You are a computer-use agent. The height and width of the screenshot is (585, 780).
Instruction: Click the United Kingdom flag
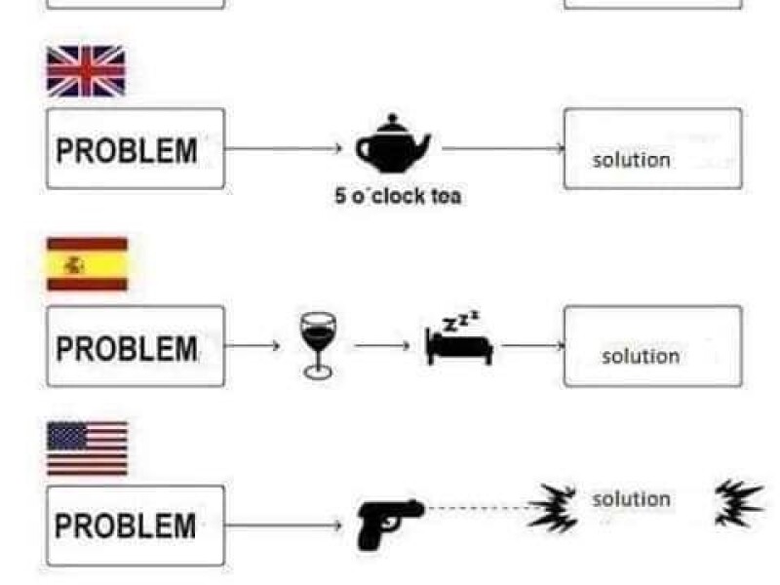pos(86,71)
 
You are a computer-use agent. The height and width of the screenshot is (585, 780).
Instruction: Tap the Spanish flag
pos(87,264)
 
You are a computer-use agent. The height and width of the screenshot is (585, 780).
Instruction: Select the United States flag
pos(87,448)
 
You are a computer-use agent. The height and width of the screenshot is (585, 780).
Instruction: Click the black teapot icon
pos(393,142)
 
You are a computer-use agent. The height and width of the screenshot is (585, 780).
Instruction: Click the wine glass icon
pos(316,344)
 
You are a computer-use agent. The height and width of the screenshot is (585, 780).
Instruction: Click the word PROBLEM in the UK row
pos(127,151)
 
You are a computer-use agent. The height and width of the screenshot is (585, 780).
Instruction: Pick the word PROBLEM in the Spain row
pos(127,348)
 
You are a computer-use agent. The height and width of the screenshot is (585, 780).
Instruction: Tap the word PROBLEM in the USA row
pos(126,526)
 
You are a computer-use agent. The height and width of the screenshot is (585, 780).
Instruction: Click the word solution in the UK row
pos(632,160)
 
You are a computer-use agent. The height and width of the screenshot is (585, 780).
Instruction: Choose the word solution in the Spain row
pos(641,356)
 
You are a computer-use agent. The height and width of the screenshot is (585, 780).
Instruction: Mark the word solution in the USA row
pos(631,499)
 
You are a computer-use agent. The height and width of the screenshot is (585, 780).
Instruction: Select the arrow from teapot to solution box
pos(503,149)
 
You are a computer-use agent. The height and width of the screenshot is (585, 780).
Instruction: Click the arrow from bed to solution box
pos(532,345)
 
